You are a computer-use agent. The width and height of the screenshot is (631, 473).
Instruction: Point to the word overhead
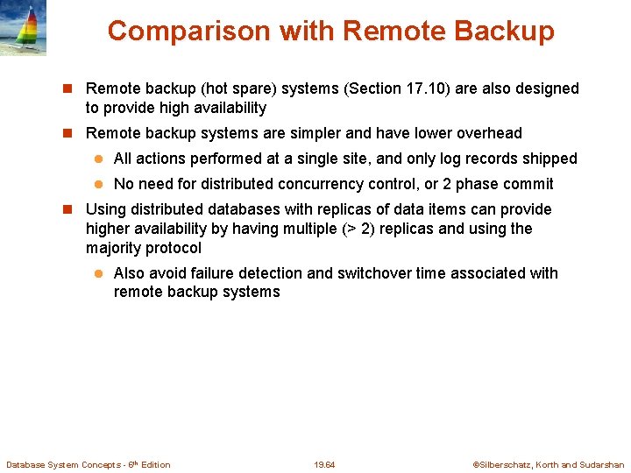tap(486, 133)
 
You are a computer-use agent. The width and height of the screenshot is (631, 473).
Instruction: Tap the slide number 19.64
tap(324, 464)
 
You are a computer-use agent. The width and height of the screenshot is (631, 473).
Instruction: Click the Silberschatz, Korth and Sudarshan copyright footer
tap(549, 464)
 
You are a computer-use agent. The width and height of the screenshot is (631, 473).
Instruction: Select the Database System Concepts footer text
tap(89, 464)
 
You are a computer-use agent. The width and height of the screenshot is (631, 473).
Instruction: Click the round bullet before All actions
tap(100, 159)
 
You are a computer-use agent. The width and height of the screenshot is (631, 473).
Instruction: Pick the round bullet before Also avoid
tap(100, 274)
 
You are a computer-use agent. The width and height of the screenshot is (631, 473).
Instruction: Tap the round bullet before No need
tap(100, 185)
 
